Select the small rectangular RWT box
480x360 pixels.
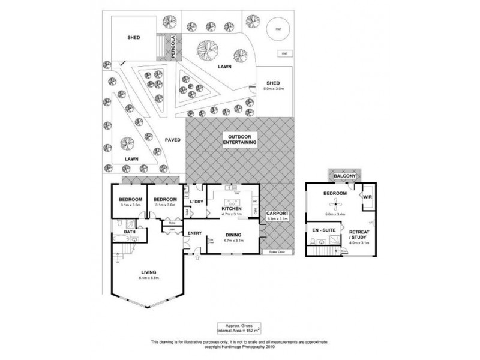tap(282, 53)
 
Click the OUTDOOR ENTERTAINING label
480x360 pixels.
tap(240, 139)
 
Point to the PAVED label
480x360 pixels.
tap(173, 139)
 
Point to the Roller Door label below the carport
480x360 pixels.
tap(277, 252)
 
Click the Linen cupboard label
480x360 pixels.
tap(171, 229)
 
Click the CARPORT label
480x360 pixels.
tap(277, 214)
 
